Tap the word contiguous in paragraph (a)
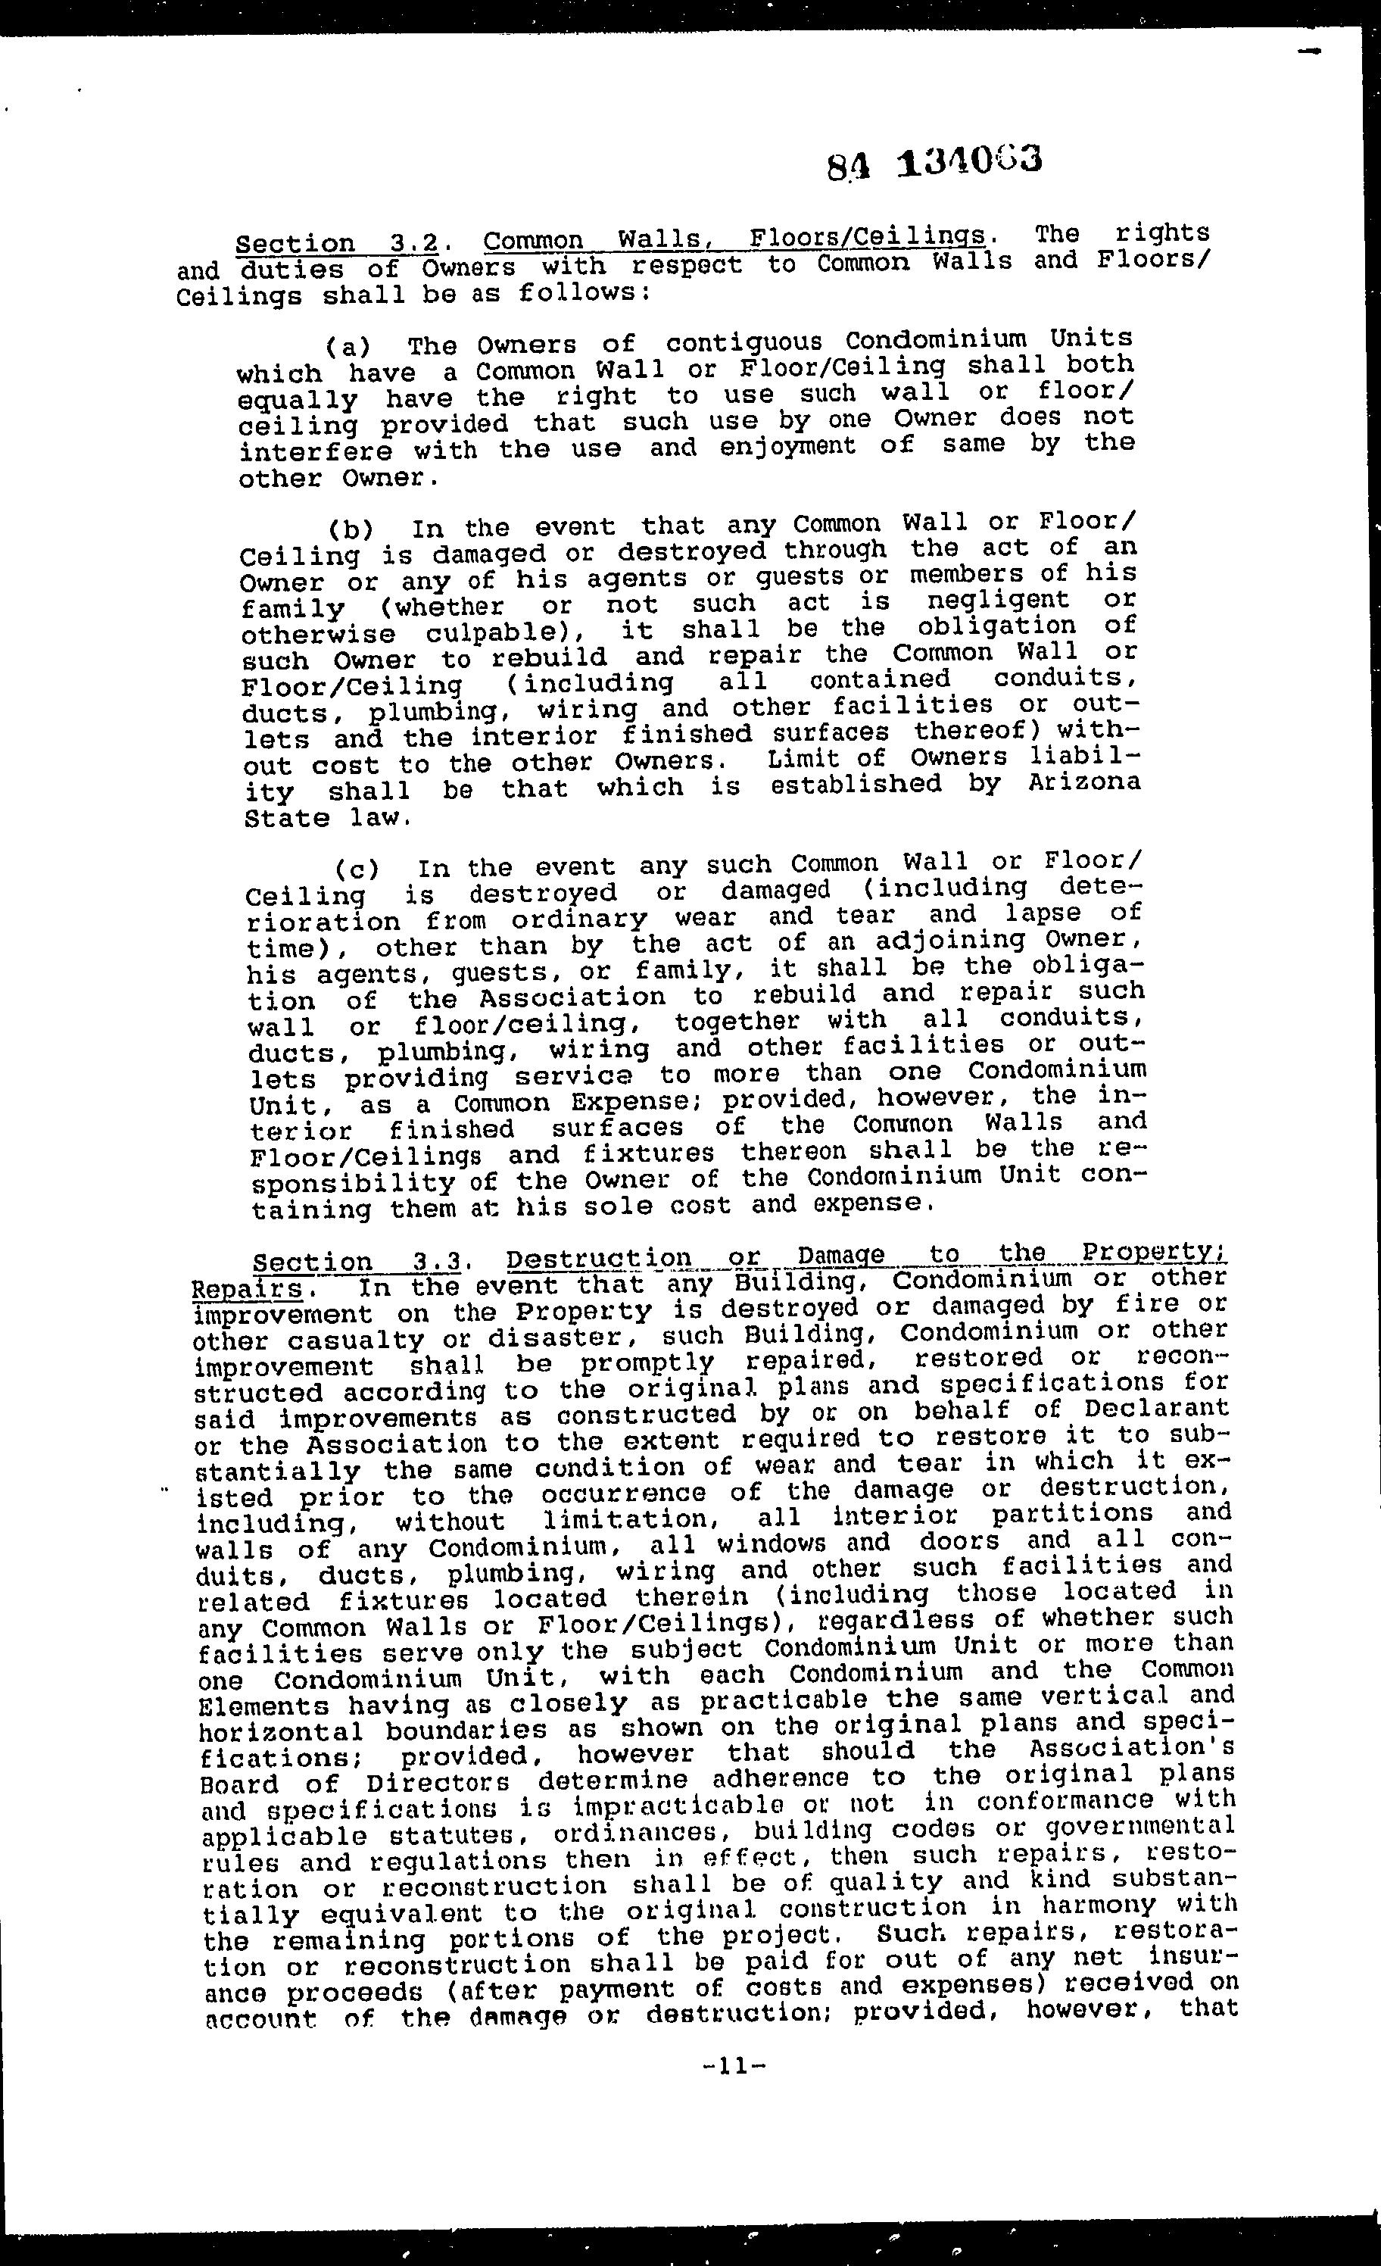[741, 342]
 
